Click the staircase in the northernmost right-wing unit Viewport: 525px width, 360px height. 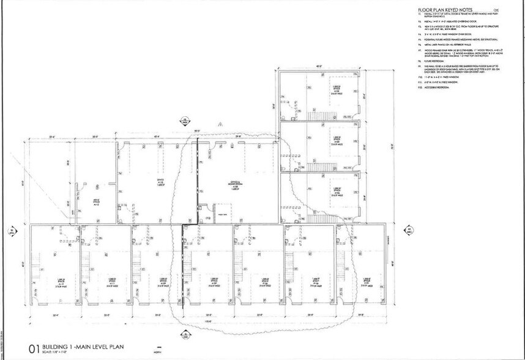click(x=318, y=114)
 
